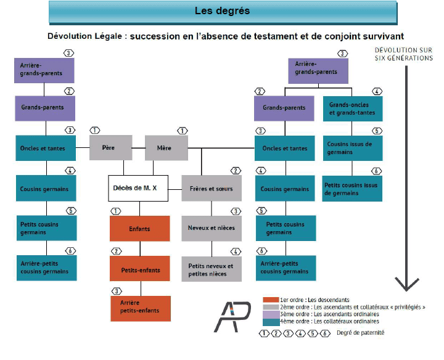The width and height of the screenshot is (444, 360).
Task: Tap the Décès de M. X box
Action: (x=138, y=189)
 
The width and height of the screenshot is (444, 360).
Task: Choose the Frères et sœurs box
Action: (x=212, y=189)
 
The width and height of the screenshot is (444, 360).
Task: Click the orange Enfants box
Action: (x=139, y=229)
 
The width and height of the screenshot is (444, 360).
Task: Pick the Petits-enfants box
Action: (x=139, y=269)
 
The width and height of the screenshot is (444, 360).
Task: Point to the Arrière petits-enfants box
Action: (x=139, y=307)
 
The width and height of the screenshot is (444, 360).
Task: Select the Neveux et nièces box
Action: (x=212, y=228)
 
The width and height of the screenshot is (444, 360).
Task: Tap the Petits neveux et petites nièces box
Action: (x=212, y=269)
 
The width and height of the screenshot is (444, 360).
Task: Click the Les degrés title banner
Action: (x=222, y=11)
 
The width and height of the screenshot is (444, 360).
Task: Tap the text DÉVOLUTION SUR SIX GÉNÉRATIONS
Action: (x=404, y=54)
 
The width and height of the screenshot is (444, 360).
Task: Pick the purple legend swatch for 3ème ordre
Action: (x=270, y=314)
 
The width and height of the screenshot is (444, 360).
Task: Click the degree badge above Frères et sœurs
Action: (x=235, y=170)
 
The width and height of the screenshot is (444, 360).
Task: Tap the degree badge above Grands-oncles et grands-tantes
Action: (x=377, y=91)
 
